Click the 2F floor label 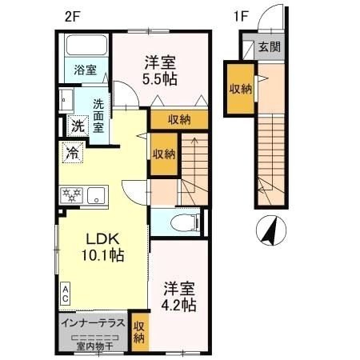click(72, 18)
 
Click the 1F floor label click(242, 17)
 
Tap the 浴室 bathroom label click(86, 70)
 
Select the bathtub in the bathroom click(86, 45)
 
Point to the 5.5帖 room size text click(160, 79)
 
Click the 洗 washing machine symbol click(78, 126)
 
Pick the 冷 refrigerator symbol click(73, 153)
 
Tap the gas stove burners click(71, 195)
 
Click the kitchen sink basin click(96, 195)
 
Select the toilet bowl click(185, 223)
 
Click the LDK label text click(102, 239)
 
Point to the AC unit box click(66, 294)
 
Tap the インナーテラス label click(93, 323)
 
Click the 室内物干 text click(95, 346)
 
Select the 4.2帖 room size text click(178, 306)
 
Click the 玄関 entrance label click(270, 47)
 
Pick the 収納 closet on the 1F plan click(241, 89)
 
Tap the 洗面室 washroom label click(98, 116)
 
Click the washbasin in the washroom click(66, 99)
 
